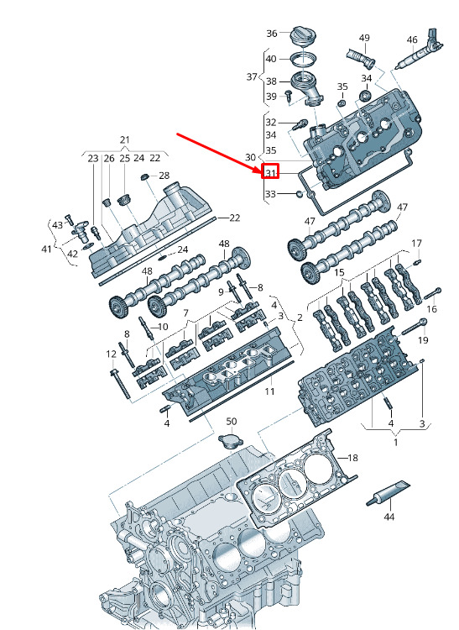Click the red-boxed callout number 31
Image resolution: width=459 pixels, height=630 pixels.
270,173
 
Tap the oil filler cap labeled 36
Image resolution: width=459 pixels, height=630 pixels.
304,38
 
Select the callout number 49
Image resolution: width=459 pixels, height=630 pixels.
364,39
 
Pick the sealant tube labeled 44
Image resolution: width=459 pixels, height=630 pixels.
388,494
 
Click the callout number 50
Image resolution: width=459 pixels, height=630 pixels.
232,422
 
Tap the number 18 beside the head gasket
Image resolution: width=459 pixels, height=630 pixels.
352,458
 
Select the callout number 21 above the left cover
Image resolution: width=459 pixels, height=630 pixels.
125,139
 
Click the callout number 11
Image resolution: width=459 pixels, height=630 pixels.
269,392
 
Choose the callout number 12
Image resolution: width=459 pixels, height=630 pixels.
111,354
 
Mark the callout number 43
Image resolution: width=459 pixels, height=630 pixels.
57,225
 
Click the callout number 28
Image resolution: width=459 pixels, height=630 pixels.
164,176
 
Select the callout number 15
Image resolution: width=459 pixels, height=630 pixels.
340,274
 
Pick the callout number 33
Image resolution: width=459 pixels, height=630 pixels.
270,194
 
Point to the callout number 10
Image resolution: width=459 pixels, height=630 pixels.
163,326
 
